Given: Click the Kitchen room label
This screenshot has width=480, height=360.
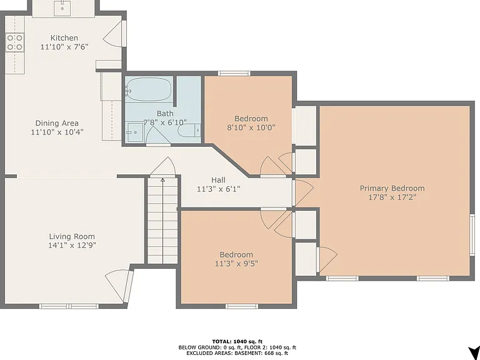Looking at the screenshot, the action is (64, 38).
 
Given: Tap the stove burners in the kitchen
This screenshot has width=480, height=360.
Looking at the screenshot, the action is (15, 42).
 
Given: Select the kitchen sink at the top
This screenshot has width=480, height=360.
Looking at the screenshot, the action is (62, 8).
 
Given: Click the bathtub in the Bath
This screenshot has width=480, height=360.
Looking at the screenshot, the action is (149, 89).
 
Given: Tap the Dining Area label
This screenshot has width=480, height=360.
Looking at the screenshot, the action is (57, 123).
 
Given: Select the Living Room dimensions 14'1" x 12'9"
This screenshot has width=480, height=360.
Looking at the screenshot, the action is (72, 245).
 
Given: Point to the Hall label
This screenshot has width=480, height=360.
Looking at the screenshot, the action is (218, 180).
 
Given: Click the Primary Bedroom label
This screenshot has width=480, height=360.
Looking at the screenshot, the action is (392, 188).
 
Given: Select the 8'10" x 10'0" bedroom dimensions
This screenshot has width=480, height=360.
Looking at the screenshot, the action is (251, 127).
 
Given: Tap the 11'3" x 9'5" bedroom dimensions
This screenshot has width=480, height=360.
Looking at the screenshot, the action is (236, 264).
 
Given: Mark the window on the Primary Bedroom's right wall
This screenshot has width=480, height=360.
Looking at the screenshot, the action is (472, 234).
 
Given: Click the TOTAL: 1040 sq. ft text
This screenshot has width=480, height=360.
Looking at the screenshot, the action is (237, 342).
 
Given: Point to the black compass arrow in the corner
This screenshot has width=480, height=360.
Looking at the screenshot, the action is (474, 352).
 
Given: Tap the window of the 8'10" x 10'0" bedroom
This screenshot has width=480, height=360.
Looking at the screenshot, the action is (234, 74).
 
